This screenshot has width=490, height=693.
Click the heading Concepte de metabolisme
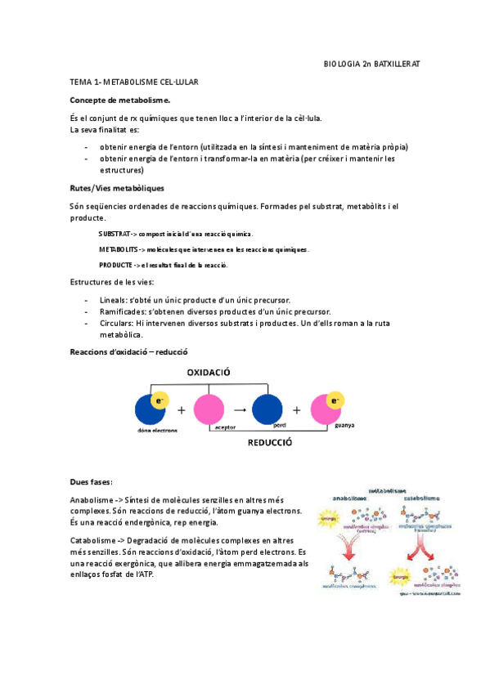pos(120,100)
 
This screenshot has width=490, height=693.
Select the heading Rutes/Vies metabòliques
pos(117,188)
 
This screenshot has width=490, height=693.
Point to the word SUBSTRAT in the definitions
pos(113,234)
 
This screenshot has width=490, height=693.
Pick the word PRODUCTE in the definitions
pos(115,265)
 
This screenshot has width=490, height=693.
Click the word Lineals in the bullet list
pos(111,300)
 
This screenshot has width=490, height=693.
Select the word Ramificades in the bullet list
pos(120,311)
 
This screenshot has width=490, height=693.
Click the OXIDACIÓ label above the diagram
pos(209,372)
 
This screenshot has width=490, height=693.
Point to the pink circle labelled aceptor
pos(209,409)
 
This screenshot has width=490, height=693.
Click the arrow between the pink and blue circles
pos(239,409)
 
